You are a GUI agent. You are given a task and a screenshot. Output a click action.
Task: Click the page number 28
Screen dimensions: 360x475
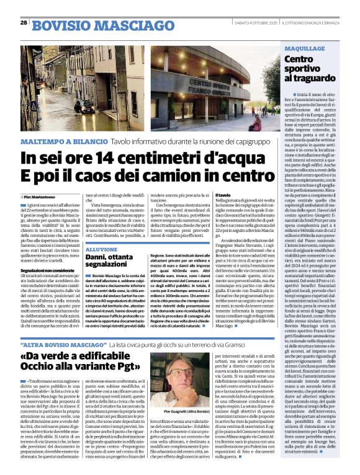[24, 22]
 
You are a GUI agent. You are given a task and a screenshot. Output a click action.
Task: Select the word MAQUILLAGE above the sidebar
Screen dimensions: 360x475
[304, 48]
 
